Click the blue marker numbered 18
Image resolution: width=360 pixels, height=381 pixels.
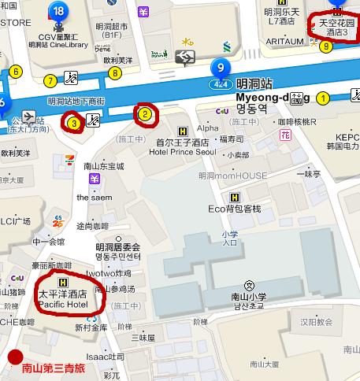click(58, 11)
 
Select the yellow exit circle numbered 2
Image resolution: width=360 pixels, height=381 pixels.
click(145, 114)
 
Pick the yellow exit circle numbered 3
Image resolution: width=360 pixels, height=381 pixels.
click(73, 123)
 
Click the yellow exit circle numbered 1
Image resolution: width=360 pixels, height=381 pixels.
click(321, 98)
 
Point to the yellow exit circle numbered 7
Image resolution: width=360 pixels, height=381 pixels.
click(50, 80)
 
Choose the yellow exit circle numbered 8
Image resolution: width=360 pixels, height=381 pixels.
click(115, 74)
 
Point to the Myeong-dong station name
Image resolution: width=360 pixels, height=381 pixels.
click(261, 97)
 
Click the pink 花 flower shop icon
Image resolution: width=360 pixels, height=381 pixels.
click(285, 135)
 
